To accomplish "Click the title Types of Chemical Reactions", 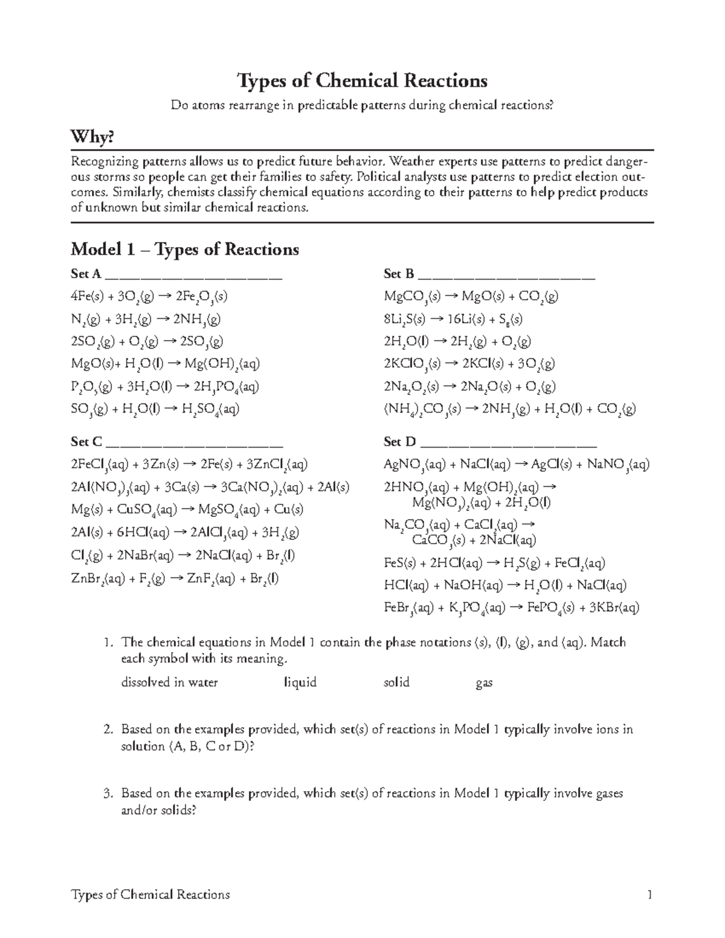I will pyautogui.click(x=362, y=80).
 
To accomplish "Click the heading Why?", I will pyautogui.click(x=92, y=138).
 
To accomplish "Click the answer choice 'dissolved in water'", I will pyautogui.click(x=169, y=683).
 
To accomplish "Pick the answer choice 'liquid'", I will pyautogui.click(x=300, y=683).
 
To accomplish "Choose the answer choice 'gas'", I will pyautogui.click(x=484, y=683).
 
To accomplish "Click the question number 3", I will pyautogui.click(x=108, y=793).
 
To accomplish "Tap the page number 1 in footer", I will pyautogui.click(x=649, y=895).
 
